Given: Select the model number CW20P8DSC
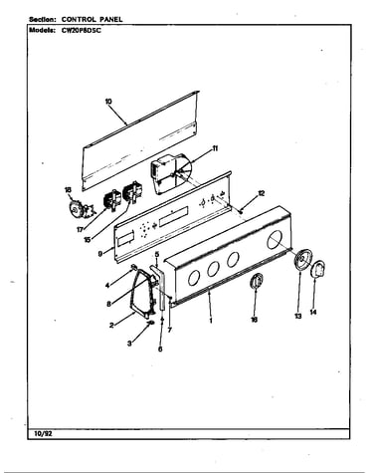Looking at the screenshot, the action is pyautogui.click(x=81, y=30).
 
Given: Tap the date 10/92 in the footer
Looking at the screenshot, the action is pyautogui.click(x=43, y=434).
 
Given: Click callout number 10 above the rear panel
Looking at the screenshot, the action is pyautogui.click(x=108, y=102).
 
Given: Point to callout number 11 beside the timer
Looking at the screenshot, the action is pyautogui.click(x=215, y=148).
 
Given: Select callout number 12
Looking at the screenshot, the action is pyautogui.click(x=262, y=193).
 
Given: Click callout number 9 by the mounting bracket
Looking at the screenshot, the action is pyautogui.click(x=99, y=254).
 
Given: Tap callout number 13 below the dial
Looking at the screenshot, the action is pyautogui.click(x=298, y=317).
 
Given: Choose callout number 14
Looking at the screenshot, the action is pyautogui.click(x=313, y=312).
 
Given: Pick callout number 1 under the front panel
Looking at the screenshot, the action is pyautogui.click(x=211, y=321).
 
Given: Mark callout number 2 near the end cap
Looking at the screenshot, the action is pyautogui.click(x=111, y=326).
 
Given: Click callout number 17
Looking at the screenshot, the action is pyautogui.click(x=80, y=229).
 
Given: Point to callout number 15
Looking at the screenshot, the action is pyautogui.click(x=88, y=239).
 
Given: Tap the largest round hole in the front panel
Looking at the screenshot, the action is pyautogui.click(x=276, y=240).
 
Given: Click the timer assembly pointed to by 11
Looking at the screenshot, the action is pyautogui.click(x=170, y=175).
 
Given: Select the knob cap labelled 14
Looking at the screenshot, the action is pyautogui.click(x=317, y=269).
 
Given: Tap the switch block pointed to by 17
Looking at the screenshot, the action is pyautogui.click(x=111, y=200).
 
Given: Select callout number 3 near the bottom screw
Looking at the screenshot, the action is pyautogui.click(x=129, y=344).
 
